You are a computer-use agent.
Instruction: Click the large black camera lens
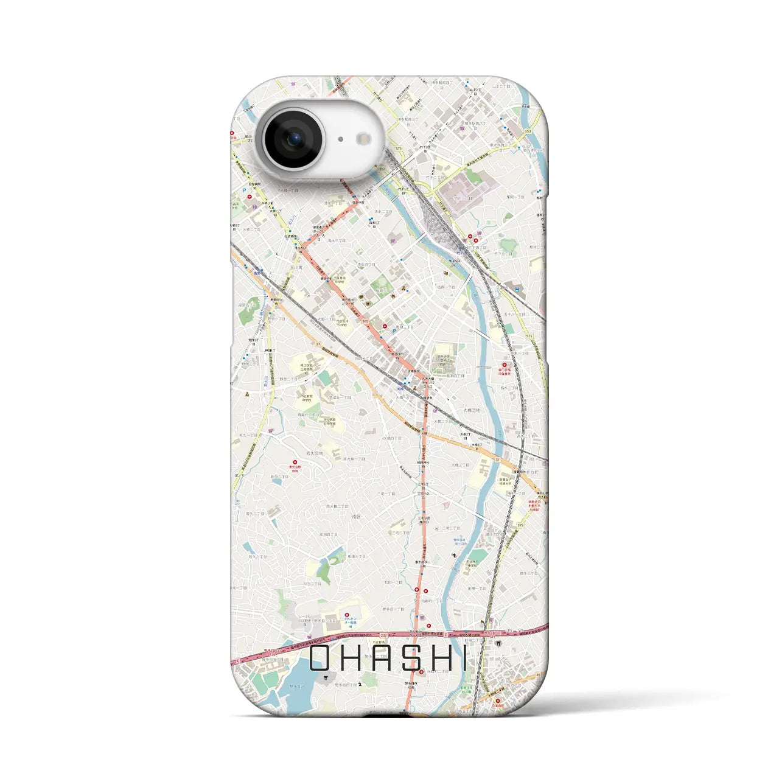point(293,139)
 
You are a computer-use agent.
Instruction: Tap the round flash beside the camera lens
point(364,139)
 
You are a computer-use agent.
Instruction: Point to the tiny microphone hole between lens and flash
point(341,139)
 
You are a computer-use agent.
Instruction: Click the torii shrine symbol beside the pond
point(328,678)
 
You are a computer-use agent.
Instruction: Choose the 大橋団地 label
point(471,411)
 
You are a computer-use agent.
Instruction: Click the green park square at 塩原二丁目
point(382,284)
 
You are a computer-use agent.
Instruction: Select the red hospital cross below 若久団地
point(295,462)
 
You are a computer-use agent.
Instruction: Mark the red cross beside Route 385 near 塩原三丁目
point(382,327)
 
